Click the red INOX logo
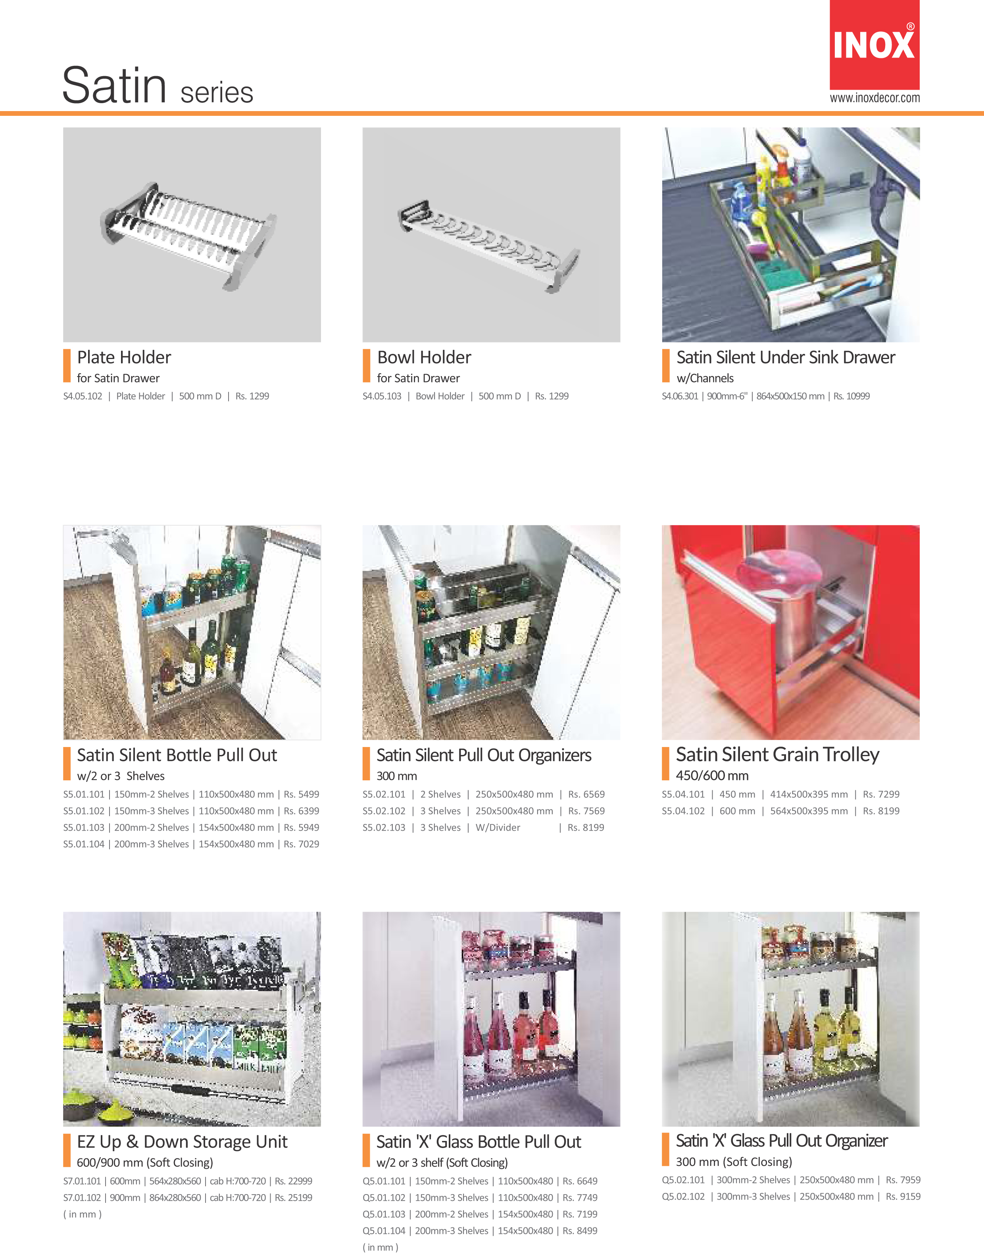[x=874, y=44]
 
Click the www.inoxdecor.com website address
[x=874, y=98]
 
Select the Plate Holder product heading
[x=124, y=357]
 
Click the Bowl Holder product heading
[x=424, y=357]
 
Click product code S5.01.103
[x=84, y=828]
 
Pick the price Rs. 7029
[x=301, y=844]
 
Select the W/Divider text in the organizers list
[x=498, y=828]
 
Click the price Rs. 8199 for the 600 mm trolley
[x=881, y=811]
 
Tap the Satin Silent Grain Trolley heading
[x=778, y=755]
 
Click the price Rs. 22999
[x=293, y=1181]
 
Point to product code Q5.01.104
[x=384, y=1231]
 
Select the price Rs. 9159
[x=903, y=1196]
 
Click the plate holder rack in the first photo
[x=189, y=235]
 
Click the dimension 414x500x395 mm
[x=809, y=794]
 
